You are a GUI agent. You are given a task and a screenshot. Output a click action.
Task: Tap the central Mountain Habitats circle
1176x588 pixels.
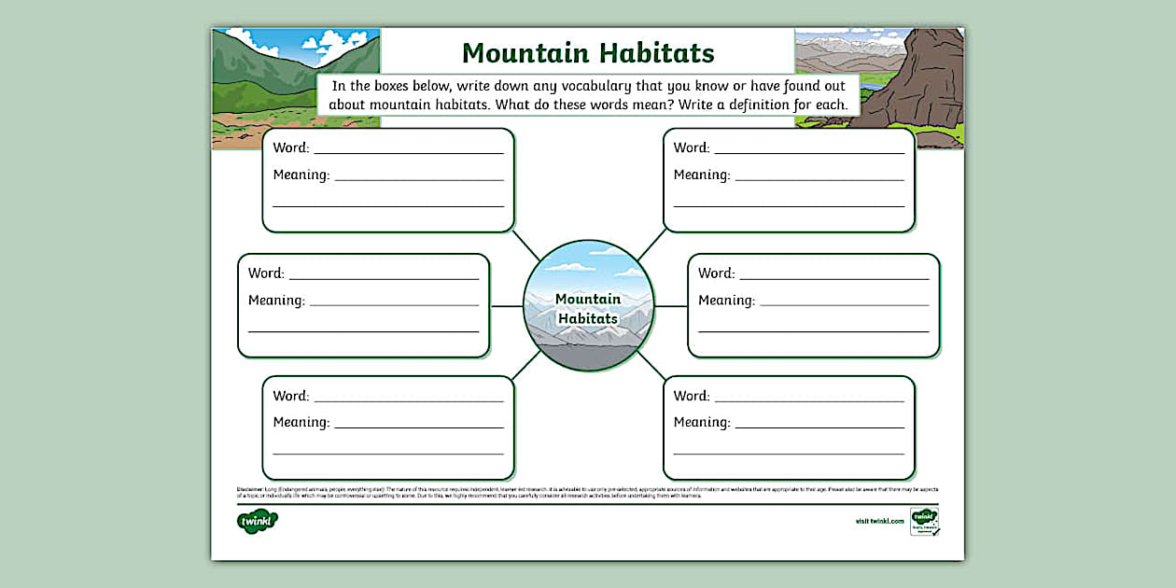click(588, 306)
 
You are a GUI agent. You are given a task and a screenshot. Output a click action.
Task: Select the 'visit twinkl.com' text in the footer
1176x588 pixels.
click(879, 521)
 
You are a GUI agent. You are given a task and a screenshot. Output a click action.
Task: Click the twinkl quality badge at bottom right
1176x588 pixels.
click(924, 521)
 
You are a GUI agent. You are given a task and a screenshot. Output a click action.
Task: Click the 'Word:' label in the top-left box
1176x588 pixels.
click(291, 147)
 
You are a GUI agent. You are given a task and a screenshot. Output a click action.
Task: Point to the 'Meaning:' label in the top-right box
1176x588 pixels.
click(702, 175)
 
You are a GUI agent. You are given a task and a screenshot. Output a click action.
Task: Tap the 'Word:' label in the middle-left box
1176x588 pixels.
click(266, 273)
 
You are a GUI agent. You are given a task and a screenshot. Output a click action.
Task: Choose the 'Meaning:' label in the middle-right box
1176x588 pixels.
click(726, 301)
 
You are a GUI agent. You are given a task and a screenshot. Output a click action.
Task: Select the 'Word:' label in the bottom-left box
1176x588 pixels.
click(291, 396)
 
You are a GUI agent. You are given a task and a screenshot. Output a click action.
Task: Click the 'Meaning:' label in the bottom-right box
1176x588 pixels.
click(702, 423)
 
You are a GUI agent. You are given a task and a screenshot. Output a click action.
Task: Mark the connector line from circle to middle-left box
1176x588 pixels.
click(506, 306)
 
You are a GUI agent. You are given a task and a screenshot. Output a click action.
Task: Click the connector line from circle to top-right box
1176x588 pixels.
click(651, 245)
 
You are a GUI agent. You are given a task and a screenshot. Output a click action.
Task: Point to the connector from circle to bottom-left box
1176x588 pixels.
click(525, 366)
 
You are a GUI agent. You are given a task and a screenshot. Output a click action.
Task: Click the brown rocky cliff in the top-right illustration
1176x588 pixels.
click(910, 84)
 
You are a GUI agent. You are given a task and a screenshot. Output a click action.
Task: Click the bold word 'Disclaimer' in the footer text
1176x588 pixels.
click(250, 488)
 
